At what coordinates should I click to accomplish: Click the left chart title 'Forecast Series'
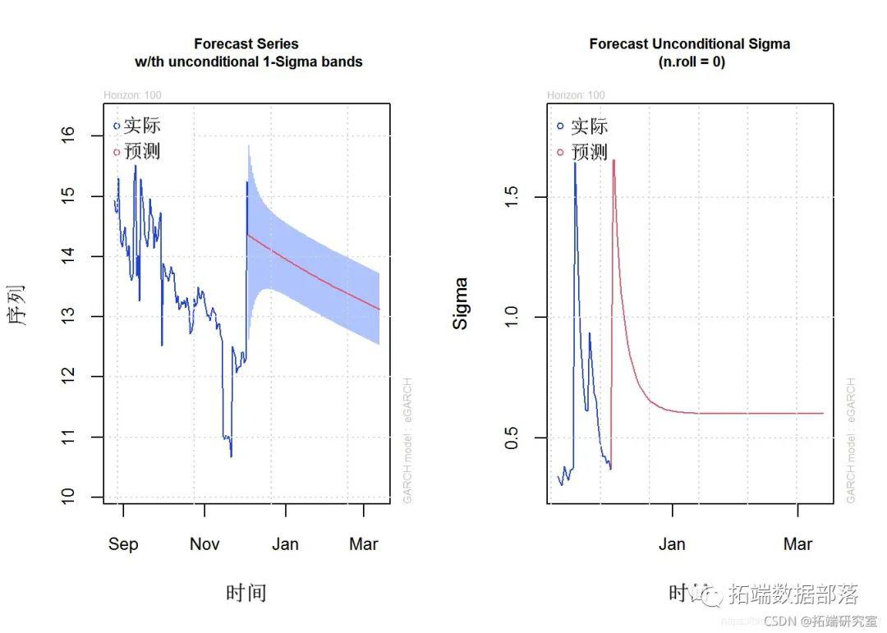click(246, 44)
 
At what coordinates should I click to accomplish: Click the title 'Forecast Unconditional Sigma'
click(689, 44)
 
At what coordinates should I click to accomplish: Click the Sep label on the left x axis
click(123, 544)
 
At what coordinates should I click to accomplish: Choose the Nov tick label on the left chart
click(205, 544)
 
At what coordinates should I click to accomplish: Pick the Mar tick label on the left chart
click(364, 544)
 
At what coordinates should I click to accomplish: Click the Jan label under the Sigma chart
click(672, 544)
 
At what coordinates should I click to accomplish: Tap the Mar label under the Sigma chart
click(797, 544)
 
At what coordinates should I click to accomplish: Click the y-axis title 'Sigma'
click(461, 304)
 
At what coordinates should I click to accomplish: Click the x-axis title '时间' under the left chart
click(246, 593)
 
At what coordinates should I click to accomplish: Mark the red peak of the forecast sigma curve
click(614, 161)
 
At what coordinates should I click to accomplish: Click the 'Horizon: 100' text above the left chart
click(132, 95)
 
